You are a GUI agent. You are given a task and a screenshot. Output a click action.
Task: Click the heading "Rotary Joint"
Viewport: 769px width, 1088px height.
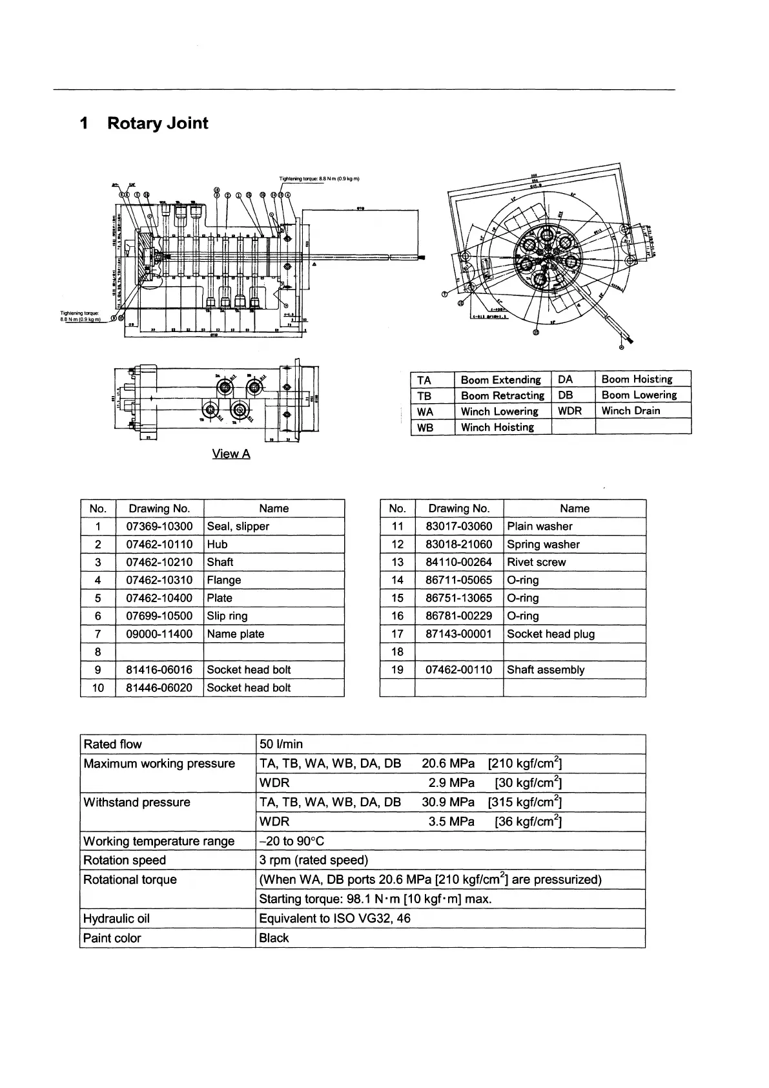click(x=157, y=123)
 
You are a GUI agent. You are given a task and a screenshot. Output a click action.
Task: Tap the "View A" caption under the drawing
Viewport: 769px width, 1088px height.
click(x=231, y=454)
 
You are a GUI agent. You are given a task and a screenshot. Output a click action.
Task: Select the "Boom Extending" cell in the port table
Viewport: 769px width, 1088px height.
click(x=500, y=380)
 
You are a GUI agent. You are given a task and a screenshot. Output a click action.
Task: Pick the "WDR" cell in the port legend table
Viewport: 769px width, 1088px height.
click(x=569, y=411)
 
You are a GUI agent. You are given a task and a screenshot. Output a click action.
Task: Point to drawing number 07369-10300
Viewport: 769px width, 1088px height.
click(x=159, y=527)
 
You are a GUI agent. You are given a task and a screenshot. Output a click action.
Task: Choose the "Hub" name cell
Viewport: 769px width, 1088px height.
click(x=218, y=545)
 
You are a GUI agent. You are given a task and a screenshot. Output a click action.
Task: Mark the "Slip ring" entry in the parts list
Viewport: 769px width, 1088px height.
click(x=227, y=616)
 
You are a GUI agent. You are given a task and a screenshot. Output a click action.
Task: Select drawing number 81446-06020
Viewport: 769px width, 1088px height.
click(x=159, y=688)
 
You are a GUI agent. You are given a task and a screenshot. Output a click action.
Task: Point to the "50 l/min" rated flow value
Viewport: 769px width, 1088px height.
click(x=281, y=744)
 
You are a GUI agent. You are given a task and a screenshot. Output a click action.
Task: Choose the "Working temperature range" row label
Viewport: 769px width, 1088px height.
click(x=159, y=841)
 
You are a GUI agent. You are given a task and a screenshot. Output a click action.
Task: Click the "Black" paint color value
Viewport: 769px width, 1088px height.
click(x=274, y=938)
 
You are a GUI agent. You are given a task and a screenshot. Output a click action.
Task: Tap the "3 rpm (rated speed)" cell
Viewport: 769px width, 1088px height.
click(x=313, y=861)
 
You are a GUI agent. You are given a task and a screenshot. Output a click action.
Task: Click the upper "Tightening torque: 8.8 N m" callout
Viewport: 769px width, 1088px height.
click(x=319, y=178)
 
